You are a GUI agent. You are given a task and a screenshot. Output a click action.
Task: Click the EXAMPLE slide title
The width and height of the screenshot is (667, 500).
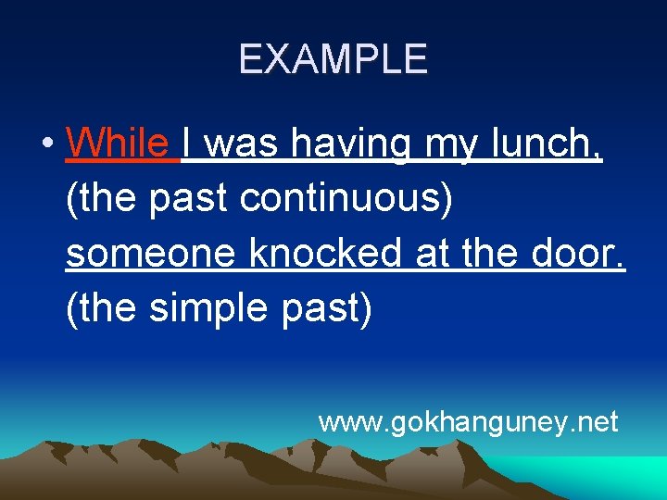coord(333,59)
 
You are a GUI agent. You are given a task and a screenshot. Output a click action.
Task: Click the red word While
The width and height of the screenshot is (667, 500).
coord(118,144)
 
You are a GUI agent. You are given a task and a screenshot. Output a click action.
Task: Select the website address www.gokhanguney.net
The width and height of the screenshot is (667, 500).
coord(468,422)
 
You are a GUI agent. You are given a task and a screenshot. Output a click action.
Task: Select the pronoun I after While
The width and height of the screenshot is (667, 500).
coord(188,144)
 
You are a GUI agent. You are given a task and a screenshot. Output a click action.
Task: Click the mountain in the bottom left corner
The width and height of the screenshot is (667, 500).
coord(56,463)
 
